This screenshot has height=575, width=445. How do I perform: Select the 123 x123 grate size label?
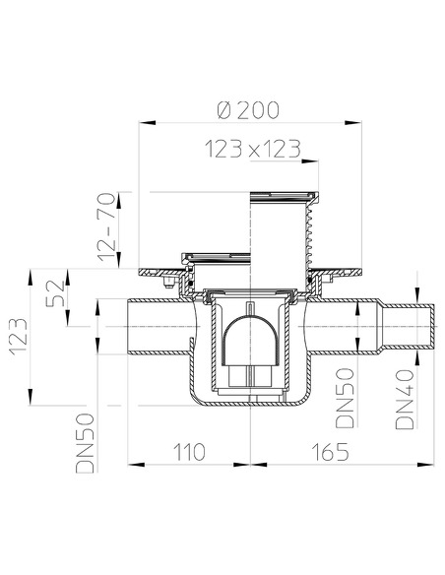252,150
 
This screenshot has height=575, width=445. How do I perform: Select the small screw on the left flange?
165,283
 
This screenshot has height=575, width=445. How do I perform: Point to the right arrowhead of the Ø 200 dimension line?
352,123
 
